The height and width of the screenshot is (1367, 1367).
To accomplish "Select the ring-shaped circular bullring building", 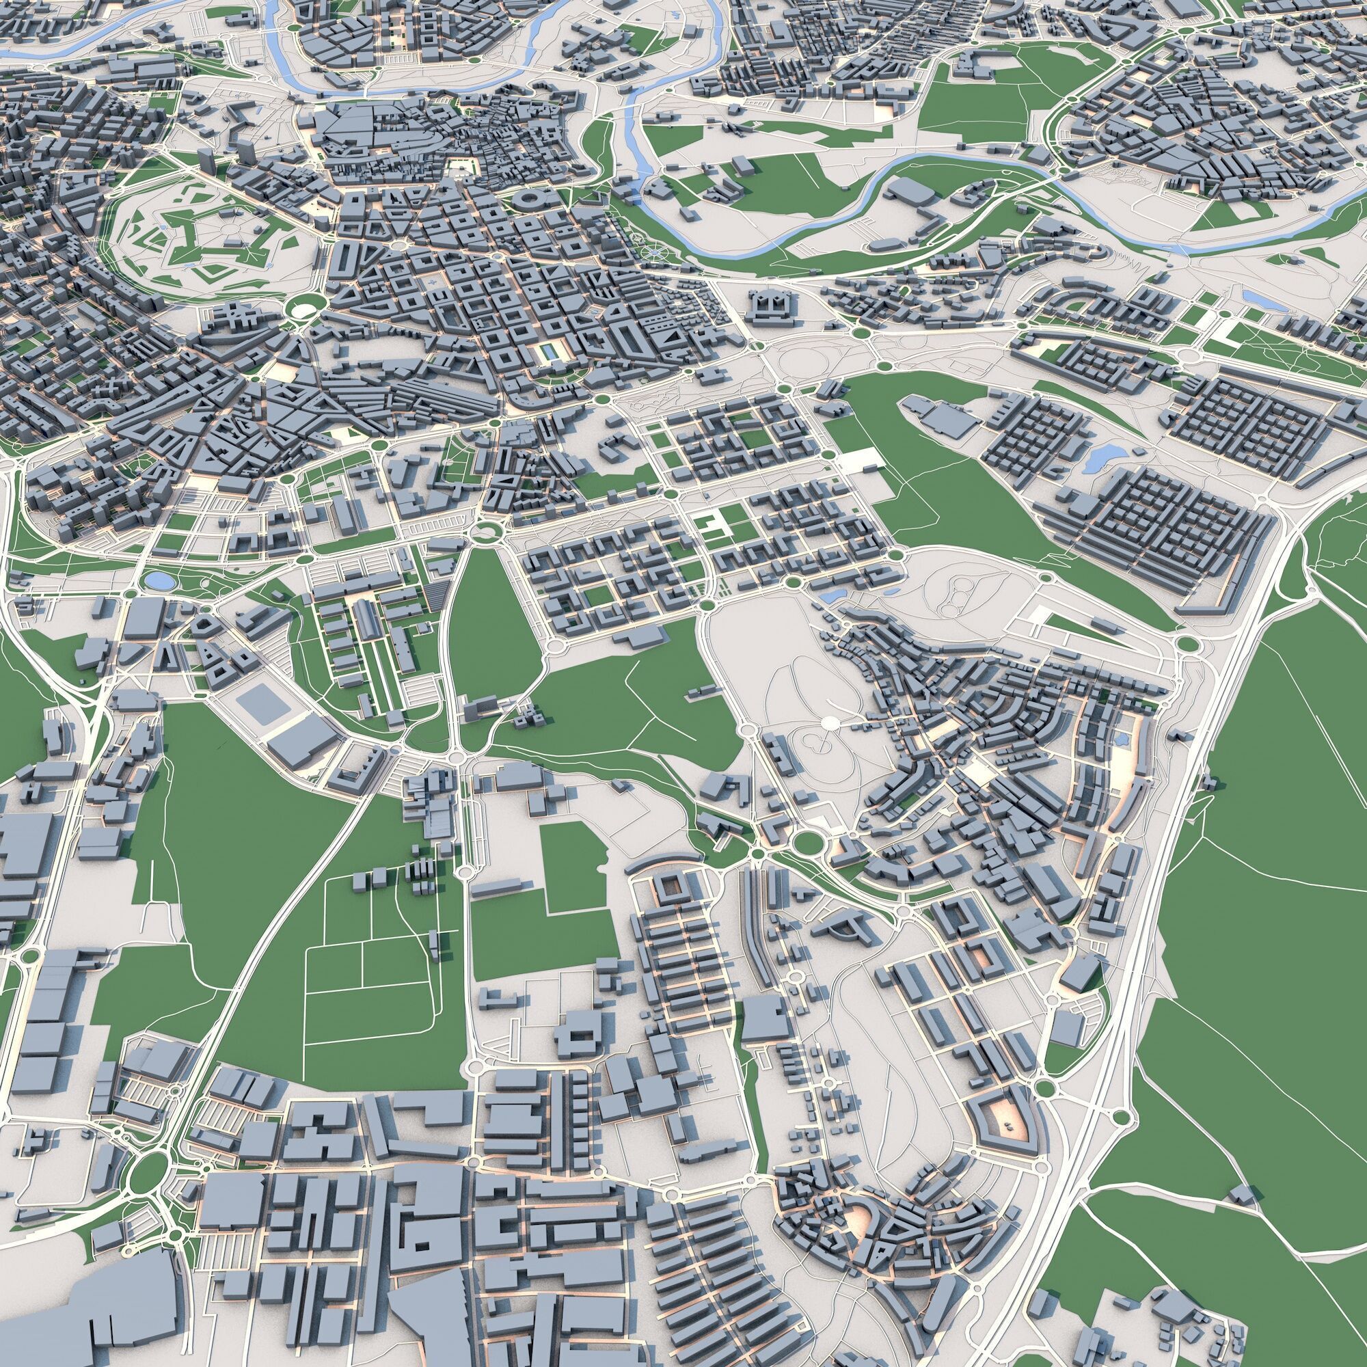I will coord(527,200).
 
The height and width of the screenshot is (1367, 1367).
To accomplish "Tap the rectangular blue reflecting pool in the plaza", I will coord(547,351).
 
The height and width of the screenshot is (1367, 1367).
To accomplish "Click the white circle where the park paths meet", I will coord(830,722).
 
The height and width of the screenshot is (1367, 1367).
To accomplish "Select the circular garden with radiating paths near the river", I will coord(655,251).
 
